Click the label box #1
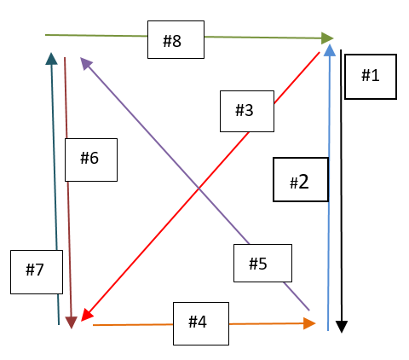click(x=371, y=77)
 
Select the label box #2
click(x=301, y=179)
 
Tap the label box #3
click(x=247, y=111)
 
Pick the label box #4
click(x=201, y=323)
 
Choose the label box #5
click(x=262, y=263)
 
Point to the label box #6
click(x=91, y=160)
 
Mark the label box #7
click(x=37, y=272)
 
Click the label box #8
click(x=176, y=39)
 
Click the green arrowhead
click(x=327, y=38)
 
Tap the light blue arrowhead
click(x=330, y=50)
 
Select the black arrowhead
click(x=342, y=327)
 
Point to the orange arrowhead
click(x=309, y=323)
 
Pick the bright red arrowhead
click(x=87, y=315)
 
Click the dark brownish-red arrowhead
click(x=72, y=322)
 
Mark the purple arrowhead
click(x=86, y=63)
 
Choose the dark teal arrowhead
click(x=51, y=59)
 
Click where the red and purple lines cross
click(x=199, y=188)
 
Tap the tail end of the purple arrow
click(x=309, y=311)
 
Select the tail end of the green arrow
click(x=45, y=35)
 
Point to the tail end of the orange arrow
click(x=93, y=325)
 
